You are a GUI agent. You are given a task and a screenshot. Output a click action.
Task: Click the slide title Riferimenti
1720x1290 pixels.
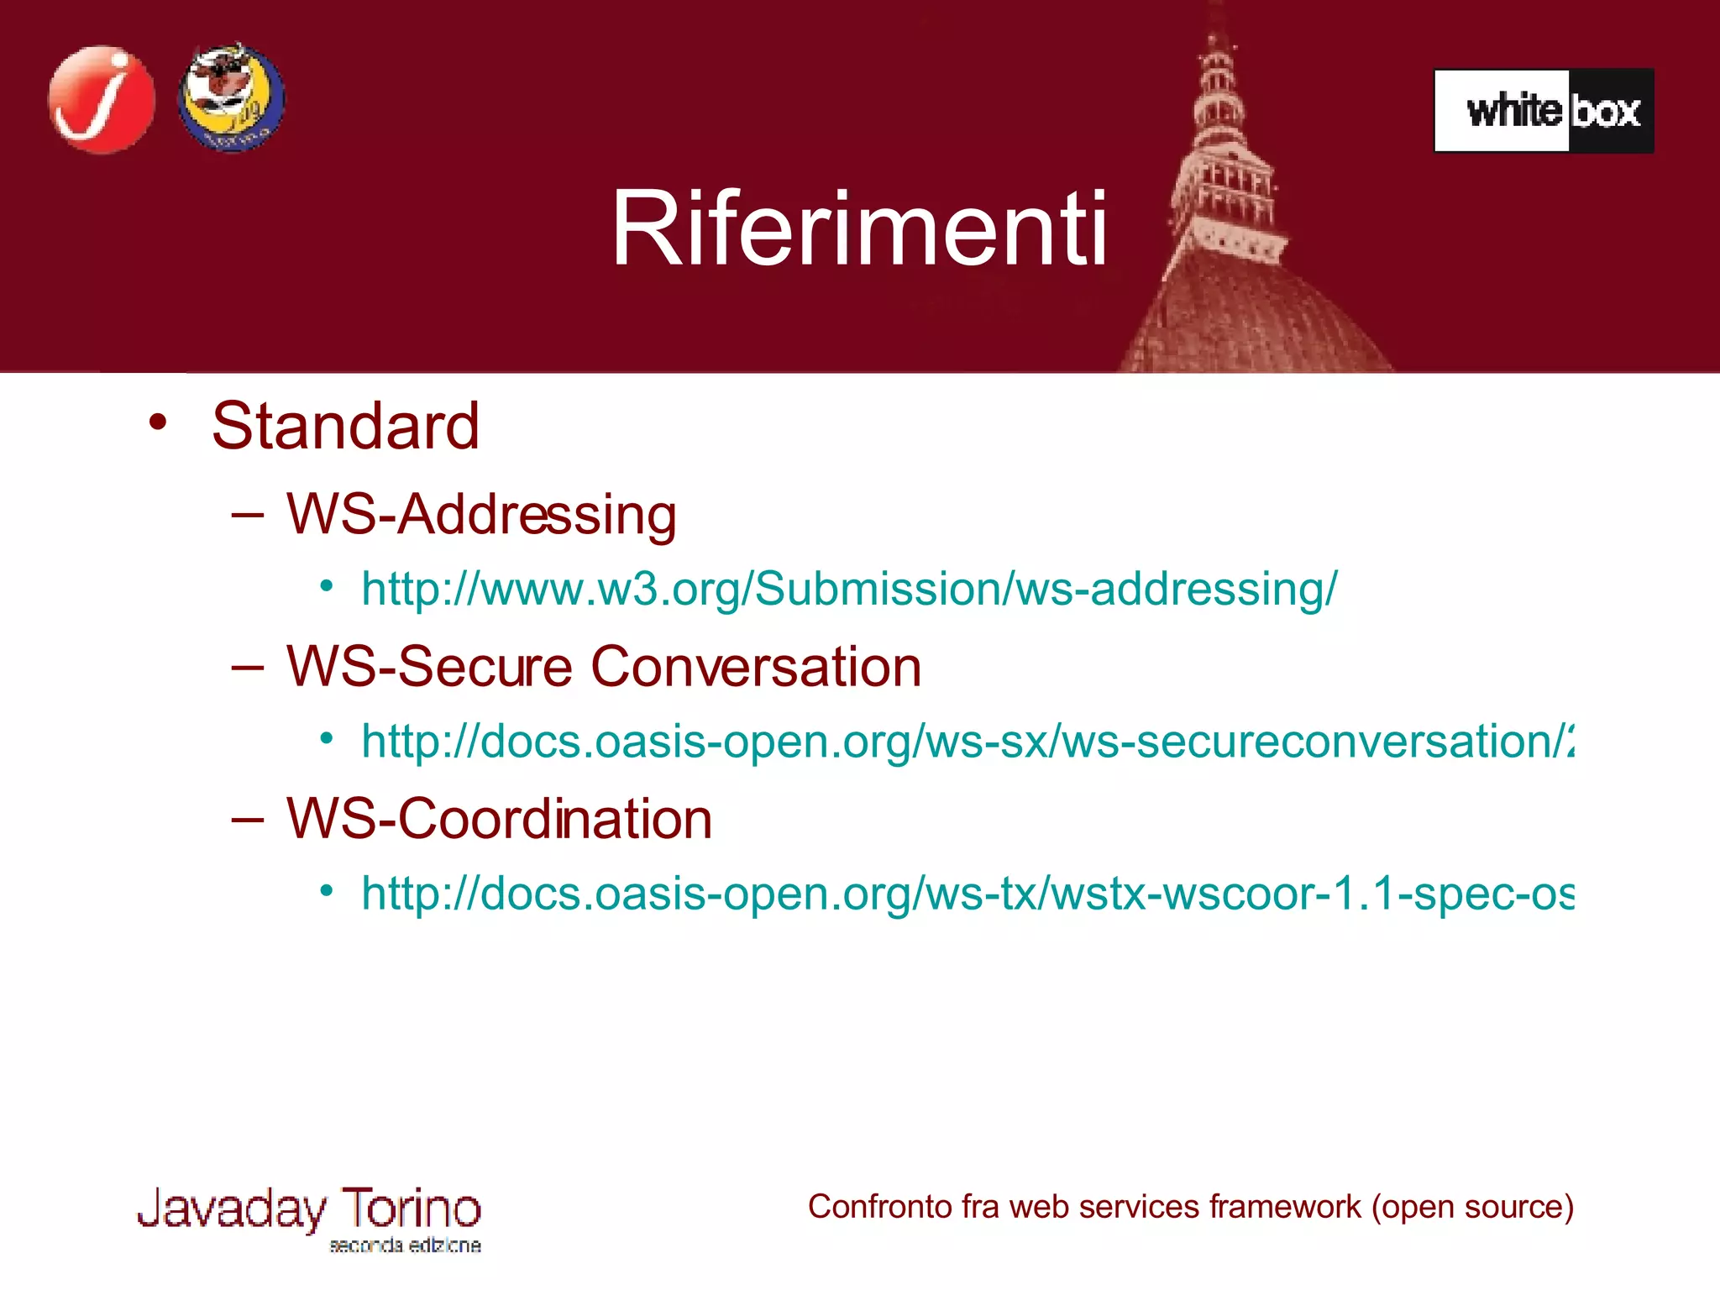point(859,229)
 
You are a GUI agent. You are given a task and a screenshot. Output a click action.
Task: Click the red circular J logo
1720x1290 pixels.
point(102,100)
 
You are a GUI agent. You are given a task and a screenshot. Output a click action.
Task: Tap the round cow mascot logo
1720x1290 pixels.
point(231,98)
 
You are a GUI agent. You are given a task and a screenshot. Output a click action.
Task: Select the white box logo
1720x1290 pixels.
point(1544,111)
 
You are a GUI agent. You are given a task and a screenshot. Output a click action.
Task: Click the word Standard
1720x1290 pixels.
point(345,426)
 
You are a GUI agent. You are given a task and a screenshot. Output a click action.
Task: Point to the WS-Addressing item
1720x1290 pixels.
point(481,514)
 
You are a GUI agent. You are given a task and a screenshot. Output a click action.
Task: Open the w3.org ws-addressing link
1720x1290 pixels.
point(848,589)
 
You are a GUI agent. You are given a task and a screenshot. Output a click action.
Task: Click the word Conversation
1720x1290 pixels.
point(756,667)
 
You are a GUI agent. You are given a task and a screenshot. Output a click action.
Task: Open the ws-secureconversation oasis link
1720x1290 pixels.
point(966,742)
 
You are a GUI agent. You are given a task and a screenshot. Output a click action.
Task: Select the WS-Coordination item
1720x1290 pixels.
point(499,819)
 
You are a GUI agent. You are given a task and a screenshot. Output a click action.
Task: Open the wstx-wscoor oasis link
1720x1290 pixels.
point(966,893)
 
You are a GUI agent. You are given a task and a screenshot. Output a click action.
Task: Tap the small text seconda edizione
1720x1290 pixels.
point(405,1245)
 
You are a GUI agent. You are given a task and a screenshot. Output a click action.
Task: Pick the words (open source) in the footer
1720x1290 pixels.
point(1472,1207)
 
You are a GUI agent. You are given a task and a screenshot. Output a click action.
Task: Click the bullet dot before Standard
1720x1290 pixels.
point(158,422)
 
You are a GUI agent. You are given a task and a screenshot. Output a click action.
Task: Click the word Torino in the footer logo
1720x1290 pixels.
point(411,1209)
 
